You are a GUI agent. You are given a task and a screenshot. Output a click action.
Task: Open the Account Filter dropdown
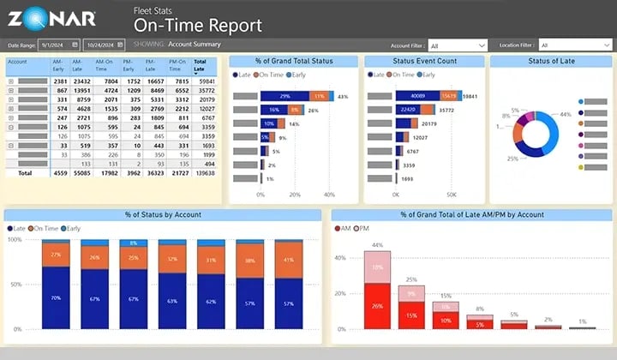458,45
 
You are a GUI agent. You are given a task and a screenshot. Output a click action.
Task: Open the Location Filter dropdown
573,45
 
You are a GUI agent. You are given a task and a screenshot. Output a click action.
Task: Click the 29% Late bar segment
285,96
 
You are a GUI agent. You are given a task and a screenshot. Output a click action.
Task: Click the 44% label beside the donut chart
566,114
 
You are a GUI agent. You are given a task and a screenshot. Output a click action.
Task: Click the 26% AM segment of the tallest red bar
378,306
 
